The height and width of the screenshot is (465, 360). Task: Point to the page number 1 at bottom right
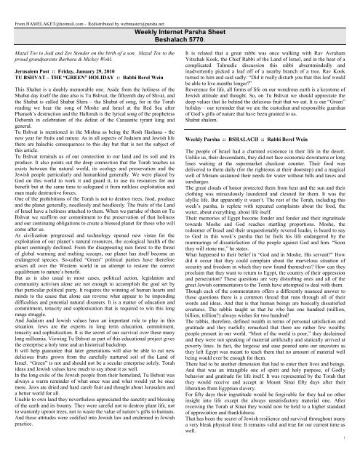pos(353,458)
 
